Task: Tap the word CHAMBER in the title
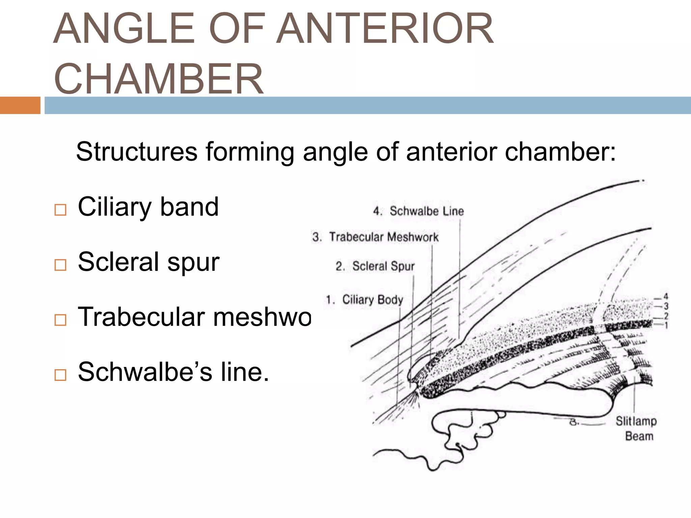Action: [159, 79]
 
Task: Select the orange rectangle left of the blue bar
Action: [20, 105]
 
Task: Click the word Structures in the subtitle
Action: [137, 152]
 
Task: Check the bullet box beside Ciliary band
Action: [60, 210]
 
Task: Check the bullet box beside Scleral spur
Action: [60, 265]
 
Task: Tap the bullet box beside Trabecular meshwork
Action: [60, 320]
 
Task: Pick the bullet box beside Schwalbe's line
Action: [60, 375]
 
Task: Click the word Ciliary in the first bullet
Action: [114, 207]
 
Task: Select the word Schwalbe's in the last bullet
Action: [145, 372]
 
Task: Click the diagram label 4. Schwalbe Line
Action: [418, 211]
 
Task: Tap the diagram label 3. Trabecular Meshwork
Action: [375, 237]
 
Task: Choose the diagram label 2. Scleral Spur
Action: [375, 266]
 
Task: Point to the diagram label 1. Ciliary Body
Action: [364, 299]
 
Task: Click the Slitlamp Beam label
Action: [636, 428]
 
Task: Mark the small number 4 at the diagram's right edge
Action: [666, 296]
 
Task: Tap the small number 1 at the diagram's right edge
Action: [666, 325]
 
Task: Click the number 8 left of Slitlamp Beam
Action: [574, 422]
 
